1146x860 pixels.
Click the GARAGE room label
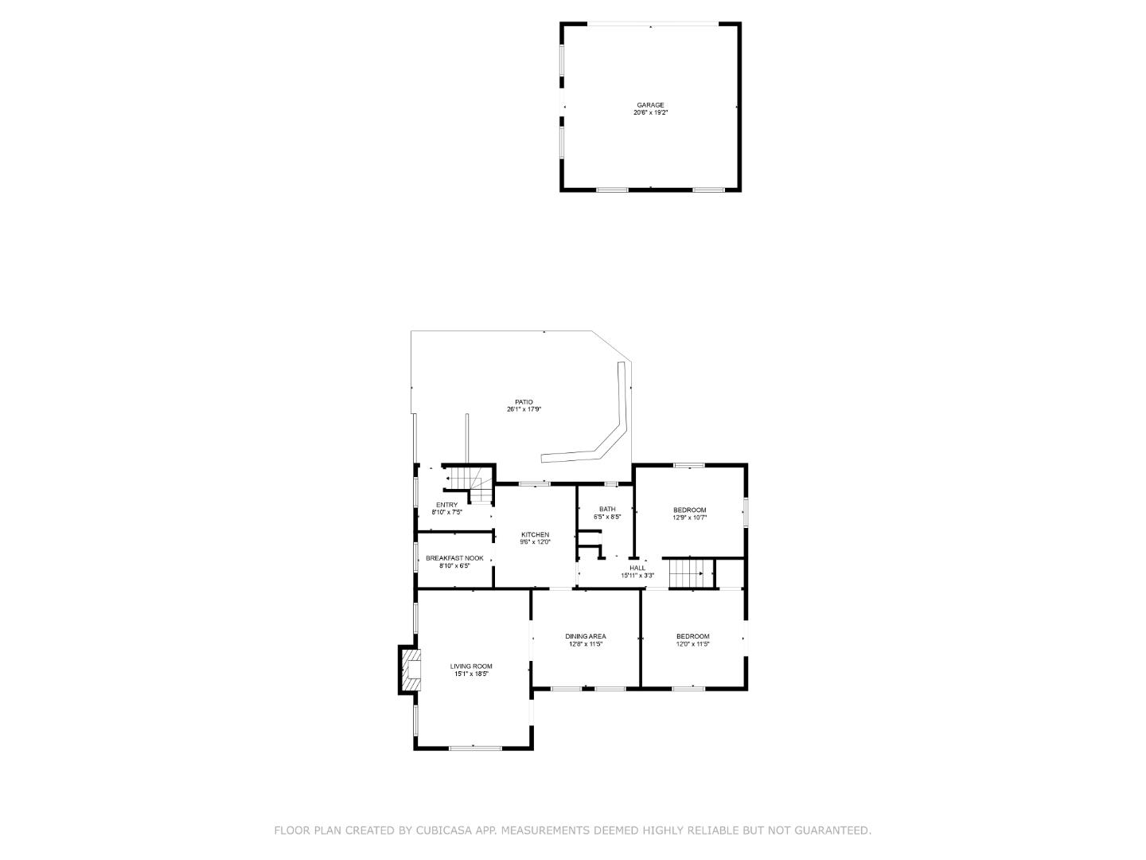pyautogui.click(x=649, y=105)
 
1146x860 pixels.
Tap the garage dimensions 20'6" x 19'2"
pyautogui.click(x=649, y=113)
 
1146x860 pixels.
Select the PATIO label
pyautogui.click(x=524, y=402)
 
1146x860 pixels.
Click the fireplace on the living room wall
pyautogui.click(x=409, y=670)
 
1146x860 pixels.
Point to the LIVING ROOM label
pyautogui.click(x=471, y=666)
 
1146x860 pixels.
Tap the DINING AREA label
pyautogui.click(x=586, y=636)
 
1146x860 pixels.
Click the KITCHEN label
pyautogui.click(x=535, y=534)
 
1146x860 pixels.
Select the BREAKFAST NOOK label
pyautogui.click(x=454, y=558)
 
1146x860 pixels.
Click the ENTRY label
pyautogui.click(x=446, y=505)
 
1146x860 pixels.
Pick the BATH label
pyautogui.click(x=607, y=509)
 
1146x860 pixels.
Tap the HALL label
pyautogui.click(x=637, y=568)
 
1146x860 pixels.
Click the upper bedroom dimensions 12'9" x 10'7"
pyautogui.click(x=689, y=518)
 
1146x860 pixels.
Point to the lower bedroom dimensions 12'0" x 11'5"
pyautogui.click(x=692, y=644)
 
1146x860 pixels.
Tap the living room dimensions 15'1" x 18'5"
pyautogui.click(x=471, y=674)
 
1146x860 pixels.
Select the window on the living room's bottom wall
pyautogui.click(x=474, y=748)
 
